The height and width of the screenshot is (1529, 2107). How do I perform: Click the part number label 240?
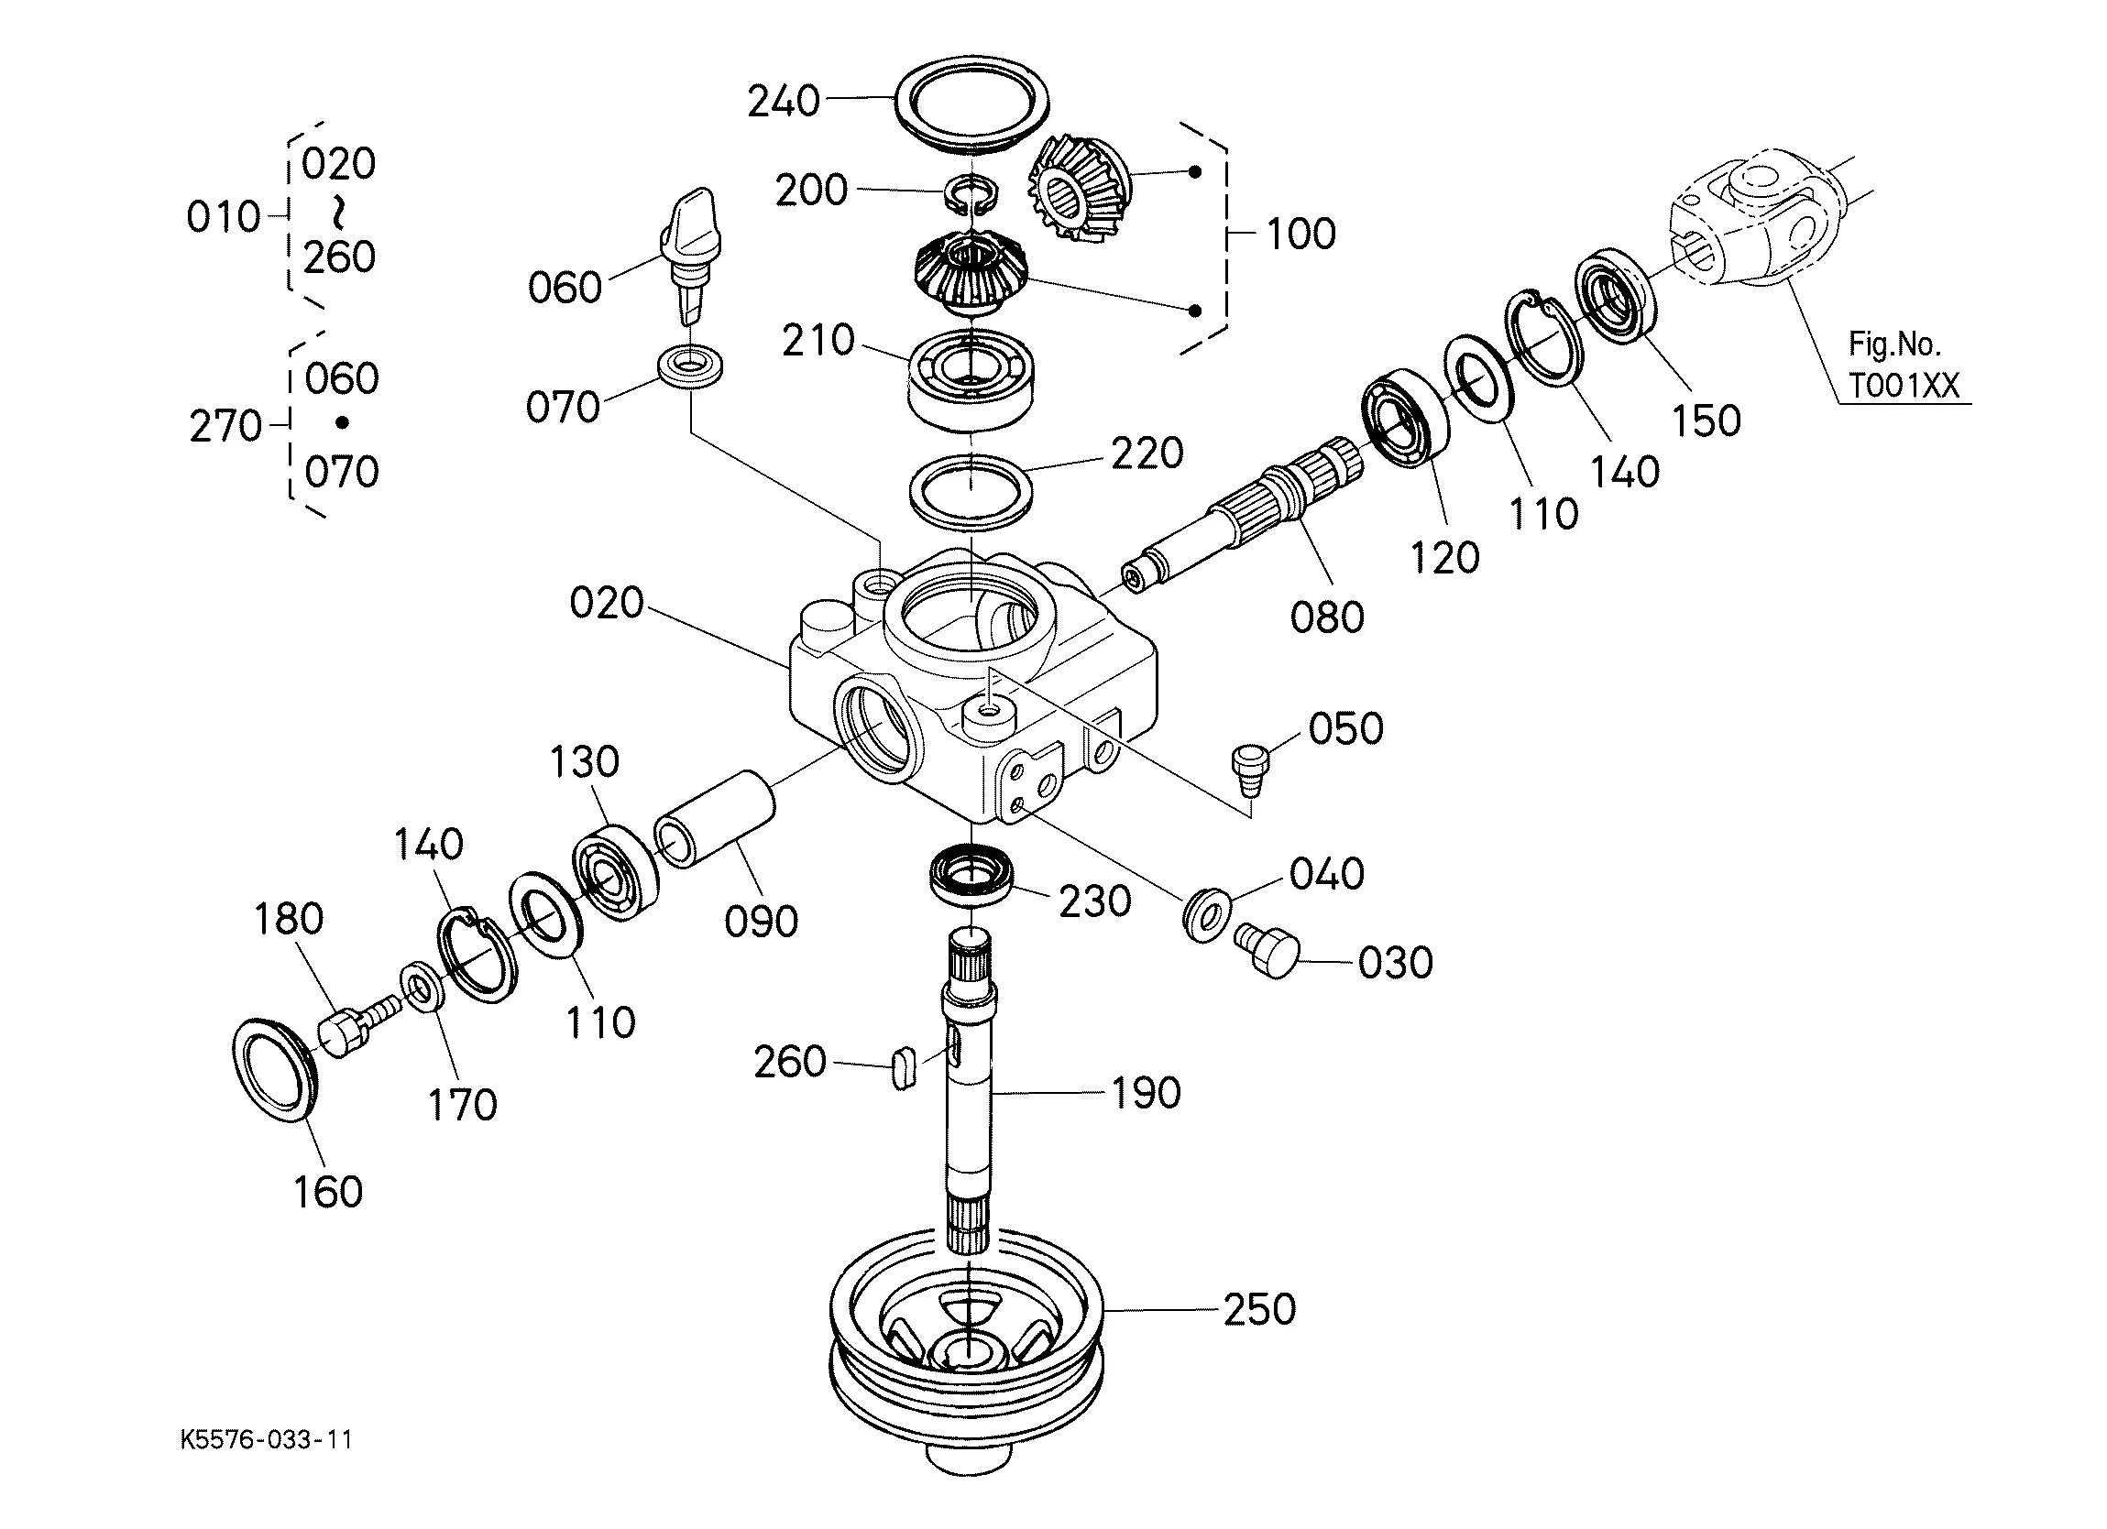(x=784, y=101)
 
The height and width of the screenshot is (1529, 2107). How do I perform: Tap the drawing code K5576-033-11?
(x=267, y=1440)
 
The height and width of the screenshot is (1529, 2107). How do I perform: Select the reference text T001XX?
(x=1904, y=386)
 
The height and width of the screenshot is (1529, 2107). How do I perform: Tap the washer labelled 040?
(x=1207, y=916)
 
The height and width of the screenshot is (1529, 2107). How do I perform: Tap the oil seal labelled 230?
(x=971, y=875)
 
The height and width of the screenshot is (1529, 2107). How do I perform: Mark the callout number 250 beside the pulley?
(x=1259, y=1309)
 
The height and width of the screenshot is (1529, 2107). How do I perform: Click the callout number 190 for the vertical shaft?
(x=1147, y=1093)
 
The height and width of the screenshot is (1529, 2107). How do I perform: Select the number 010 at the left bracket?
(x=223, y=217)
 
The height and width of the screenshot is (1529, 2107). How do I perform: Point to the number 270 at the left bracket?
(x=225, y=426)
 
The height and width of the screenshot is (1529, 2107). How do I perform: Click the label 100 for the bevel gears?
(x=1300, y=234)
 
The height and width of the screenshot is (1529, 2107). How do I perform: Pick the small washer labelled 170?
(x=422, y=989)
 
